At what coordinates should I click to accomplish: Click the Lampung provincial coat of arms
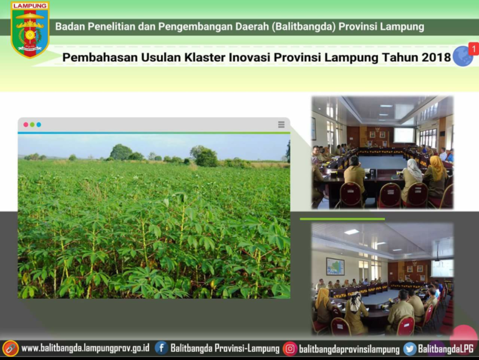pos(30,29)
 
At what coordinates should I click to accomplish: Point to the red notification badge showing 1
pos(474,49)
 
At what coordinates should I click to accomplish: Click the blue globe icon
pos(463,56)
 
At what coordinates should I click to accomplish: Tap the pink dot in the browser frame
pos(26,125)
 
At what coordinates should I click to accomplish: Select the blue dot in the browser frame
pos(39,125)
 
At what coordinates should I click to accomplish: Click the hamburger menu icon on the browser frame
pos(281,124)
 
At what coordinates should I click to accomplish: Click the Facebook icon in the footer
pos(162,348)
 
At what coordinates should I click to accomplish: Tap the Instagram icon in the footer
pos(290,349)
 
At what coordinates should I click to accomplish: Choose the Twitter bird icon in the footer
pos(410,349)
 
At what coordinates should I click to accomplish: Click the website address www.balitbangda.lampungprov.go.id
pos(85,348)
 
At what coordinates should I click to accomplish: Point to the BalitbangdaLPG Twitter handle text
pos(446,349)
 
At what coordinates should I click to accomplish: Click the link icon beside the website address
pos(11,348)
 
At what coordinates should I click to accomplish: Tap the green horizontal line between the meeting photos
pos(342,219)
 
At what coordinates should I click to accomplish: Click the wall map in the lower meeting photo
pos(335,266)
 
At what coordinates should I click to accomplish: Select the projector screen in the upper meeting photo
pos(404,135)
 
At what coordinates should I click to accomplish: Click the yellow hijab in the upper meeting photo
pos(437,167)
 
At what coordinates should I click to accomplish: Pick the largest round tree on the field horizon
pos(121,152)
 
